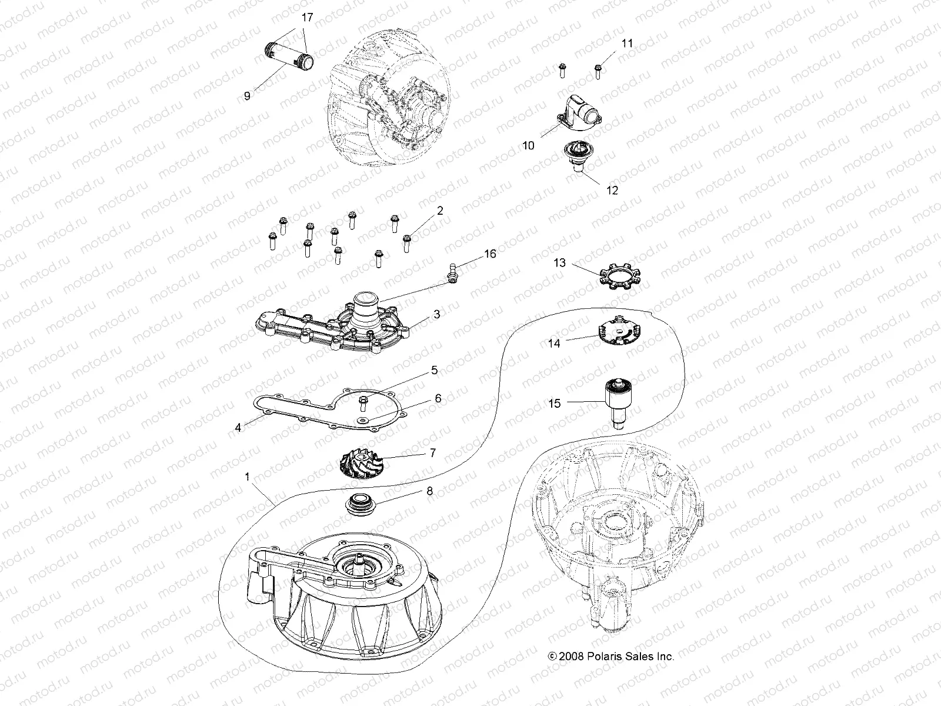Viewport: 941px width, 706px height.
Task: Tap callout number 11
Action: (628, 44)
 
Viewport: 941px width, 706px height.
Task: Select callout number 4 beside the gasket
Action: (238, 428)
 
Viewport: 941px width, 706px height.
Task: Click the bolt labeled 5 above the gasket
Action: (363, 402)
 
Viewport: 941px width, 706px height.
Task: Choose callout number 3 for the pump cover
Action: (436, 314)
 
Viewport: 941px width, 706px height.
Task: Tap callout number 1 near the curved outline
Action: (247, 475)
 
